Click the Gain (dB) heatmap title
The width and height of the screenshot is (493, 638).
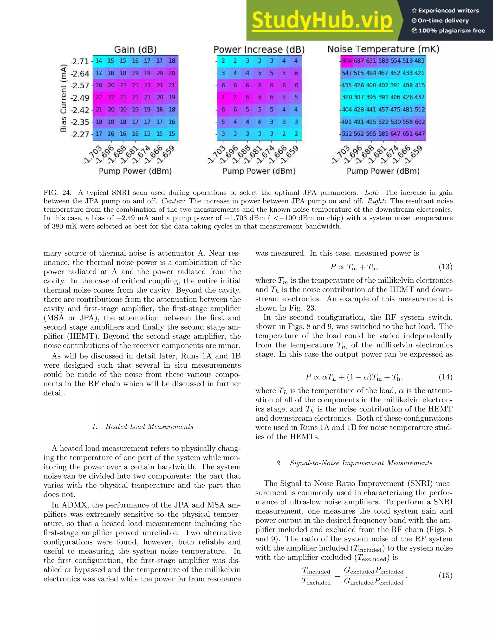pyautogui.click(x=135, y=49)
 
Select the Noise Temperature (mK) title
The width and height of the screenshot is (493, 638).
pyautogui.click(x=383, y=49)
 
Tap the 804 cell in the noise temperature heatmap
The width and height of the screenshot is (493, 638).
pyautogui.click(x=347, y=61)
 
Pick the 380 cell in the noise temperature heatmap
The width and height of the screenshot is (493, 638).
pyautogui.click(x=347, y=97)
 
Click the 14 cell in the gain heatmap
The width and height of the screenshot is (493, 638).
pyautogui.click(x=99, y=61)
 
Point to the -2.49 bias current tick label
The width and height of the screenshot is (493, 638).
pyautogui.click(x=79, y=98)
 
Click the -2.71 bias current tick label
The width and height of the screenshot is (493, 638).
pyautogui.click(x=79, y=61)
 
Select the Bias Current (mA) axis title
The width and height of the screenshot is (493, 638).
pyautogui.click(x=64, y=98)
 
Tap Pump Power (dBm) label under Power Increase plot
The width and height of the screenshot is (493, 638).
pyautogui.click(x=259, y=171)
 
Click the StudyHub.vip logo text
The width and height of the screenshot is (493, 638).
pyautogui.click(x=322, y=20)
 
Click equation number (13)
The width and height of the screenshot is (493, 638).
pyautogui.click(x=445, y=267)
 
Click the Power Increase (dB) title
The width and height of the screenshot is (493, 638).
pyautogui.click(x=259, y=49)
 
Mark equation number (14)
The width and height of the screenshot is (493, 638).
pyautogui.click(x=445, y=377)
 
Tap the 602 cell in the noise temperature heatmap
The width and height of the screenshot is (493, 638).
pyautogui.click(x=420, y=122)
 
